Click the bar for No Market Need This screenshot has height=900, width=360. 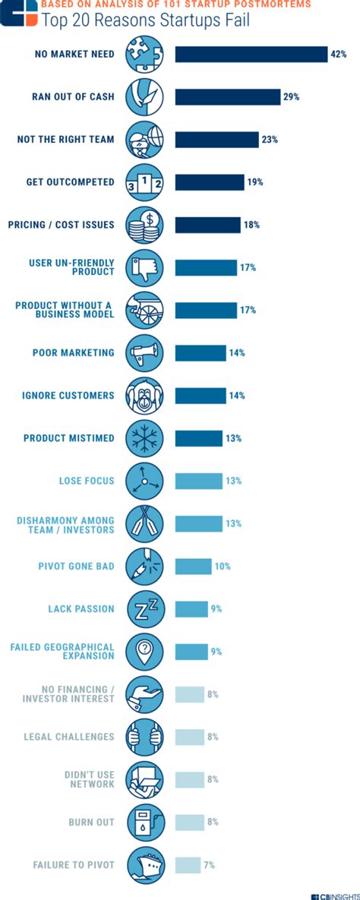tap(251, 54)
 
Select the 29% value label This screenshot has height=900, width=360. tap(292, 97)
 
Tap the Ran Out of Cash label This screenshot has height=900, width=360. tap(73, 97)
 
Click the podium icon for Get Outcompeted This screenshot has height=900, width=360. tap(144, 182)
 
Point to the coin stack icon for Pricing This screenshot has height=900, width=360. tap(144, 225)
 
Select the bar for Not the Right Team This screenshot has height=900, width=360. tap(217, 140)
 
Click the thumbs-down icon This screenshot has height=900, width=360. tap(144, 267)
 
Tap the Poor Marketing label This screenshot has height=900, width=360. tap(73, 353)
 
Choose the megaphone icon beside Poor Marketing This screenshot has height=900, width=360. tap(144, 353)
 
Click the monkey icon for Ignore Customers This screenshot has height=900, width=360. tap(144, 396)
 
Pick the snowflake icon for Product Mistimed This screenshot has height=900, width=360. tap(144, 438)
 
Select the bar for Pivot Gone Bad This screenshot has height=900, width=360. tap(193, 567)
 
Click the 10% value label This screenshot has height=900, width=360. tap(222, 567)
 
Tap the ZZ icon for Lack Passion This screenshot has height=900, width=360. tap(144, 609)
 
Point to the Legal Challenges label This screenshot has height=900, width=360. tap(69, 737)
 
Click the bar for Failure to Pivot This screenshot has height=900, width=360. tap(188, 865)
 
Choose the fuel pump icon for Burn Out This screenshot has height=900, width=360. tap(144, 823)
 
